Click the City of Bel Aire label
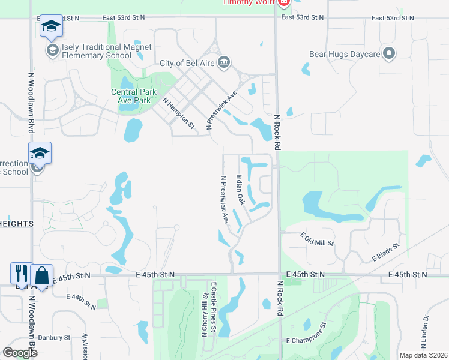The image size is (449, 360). tap(187, 63)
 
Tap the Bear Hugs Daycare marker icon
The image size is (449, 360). tap(389, 54)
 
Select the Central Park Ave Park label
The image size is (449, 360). tap(134, 96)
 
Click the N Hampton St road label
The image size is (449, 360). tap(179, 113)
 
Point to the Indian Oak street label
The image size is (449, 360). tap(240, 190)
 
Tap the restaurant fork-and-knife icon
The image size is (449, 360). tap(19, 274)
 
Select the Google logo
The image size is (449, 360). tap(20, 353)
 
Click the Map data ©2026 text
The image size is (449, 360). tap(423, 355)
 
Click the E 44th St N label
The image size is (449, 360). tap(83, 301)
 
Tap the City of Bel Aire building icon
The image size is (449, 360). tap(224, 62)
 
